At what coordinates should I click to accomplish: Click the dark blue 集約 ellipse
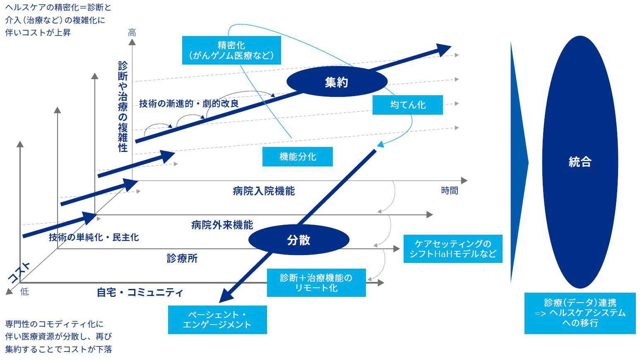337,82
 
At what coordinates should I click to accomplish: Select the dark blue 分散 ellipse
298,240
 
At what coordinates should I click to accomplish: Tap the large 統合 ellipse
580,162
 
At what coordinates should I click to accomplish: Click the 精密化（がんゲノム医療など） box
231,50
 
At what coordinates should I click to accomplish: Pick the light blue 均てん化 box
407,105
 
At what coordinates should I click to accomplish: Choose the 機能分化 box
297,156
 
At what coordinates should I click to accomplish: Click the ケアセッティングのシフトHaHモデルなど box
452,249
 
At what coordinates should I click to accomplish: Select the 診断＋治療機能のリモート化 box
316,283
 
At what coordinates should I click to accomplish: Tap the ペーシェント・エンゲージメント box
217,320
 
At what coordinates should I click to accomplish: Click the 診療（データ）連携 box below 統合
580,313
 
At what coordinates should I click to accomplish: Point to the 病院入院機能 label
264,191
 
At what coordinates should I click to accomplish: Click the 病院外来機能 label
222,225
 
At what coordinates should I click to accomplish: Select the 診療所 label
182,258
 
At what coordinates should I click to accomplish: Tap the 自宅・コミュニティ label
140,292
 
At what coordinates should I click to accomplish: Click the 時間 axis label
449,190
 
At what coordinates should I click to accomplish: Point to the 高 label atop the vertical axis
132,33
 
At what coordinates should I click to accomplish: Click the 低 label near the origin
24,291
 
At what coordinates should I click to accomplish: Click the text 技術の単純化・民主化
94,237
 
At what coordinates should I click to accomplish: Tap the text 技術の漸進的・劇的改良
189,103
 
